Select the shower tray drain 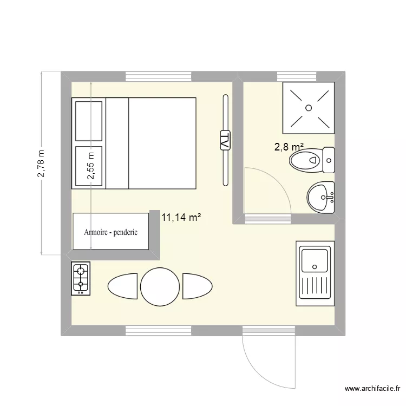point(309,108)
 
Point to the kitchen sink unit point(313,274)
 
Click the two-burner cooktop point(81,278)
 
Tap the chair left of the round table point(123,285)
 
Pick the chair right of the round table point(195,285)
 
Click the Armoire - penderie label point(111,232)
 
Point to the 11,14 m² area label point(181,218)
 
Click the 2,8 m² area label point(289,147)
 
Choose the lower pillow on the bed point(89,166)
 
